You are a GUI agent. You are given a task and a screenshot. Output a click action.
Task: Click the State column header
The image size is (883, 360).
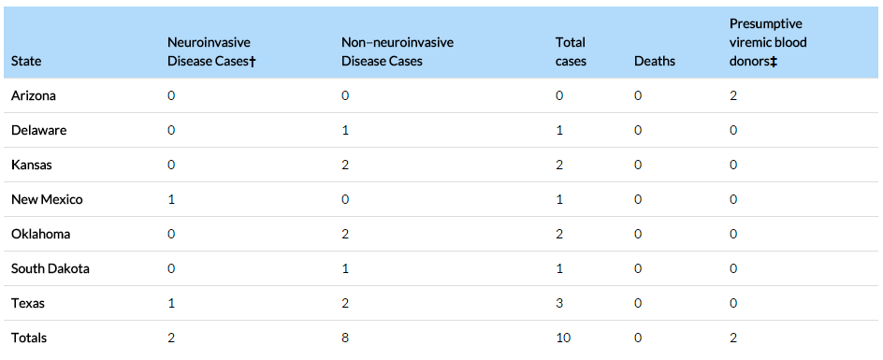tap(26, 61)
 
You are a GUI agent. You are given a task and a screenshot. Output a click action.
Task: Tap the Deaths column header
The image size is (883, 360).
tap(655, 61)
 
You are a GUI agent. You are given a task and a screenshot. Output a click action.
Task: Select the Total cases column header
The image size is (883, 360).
tap(571, 51)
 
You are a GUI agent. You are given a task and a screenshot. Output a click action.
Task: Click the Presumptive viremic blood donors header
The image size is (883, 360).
tap(768, 42)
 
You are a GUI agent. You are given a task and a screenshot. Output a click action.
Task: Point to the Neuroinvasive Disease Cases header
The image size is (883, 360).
tap(211, 51)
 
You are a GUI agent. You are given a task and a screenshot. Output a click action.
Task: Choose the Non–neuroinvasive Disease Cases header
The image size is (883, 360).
tap(397, 51)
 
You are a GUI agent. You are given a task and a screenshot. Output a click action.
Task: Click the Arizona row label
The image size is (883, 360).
tap(34, 95)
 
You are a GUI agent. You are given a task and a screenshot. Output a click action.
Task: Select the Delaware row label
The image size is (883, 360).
tap(39, 130)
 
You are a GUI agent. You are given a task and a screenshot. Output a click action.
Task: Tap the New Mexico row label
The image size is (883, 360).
tap(47, 199)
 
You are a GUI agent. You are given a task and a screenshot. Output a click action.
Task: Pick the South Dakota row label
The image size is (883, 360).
tap(51, 268)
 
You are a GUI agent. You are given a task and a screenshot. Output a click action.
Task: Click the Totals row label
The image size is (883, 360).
tap(29, 338)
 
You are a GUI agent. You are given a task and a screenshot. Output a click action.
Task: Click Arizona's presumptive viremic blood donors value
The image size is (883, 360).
tap(733, 95)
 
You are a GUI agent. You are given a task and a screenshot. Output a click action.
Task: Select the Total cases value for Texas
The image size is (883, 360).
tap(559, 304)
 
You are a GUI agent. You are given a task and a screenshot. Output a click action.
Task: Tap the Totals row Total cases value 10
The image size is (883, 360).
tap(563, 338)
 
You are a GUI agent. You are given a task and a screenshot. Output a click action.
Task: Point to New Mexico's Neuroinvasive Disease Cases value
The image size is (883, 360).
tap(171, 199)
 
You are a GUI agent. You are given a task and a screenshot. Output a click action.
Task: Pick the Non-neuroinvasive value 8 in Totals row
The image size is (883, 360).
tap(345, 338)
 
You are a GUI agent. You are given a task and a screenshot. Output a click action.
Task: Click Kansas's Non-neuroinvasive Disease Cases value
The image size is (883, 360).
tap(345, 166)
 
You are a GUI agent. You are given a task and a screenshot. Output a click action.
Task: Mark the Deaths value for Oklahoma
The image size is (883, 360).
tap(638, 235)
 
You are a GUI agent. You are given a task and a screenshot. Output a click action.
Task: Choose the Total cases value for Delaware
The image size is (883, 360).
tap(559, 130)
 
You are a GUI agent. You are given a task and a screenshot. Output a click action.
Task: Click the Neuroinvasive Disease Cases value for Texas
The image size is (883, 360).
tap(171, 304)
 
